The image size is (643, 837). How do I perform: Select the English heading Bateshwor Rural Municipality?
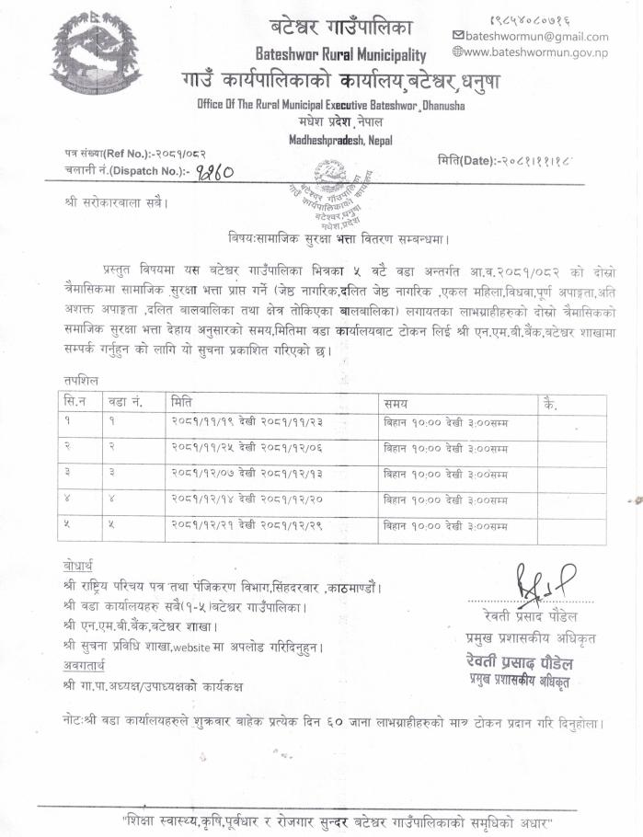[x=340, y=55]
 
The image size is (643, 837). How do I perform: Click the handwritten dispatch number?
[x=213, y=171]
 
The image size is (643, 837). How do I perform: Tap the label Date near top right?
[x=468, y=160]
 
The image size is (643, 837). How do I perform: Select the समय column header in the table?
[x=396, y=403]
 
